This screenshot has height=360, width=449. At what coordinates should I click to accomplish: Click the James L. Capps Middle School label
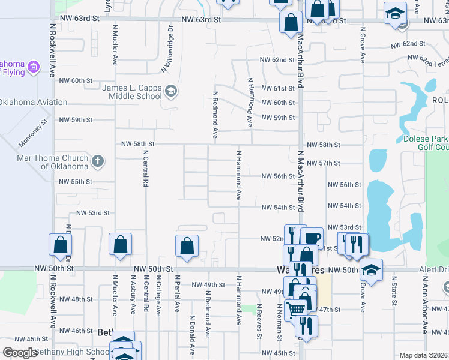(x=132, y=92)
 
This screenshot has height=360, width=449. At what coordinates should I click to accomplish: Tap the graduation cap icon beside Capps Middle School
(x=171, y=92)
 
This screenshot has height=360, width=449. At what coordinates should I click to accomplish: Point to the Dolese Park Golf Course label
(x=423, y=143)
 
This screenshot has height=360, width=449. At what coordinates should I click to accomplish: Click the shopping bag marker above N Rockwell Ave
(x=60, y=245)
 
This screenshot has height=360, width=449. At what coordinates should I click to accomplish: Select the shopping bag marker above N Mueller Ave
(x=120, y=244)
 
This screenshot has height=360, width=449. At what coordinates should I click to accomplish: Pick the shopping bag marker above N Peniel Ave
(x=187, y=246)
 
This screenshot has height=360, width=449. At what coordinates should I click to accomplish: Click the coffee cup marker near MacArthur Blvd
(x=312, y=238)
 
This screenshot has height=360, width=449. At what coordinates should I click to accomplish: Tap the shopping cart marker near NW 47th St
(x=294, y=310)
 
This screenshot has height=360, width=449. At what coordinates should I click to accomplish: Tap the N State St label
(x=394, y=294)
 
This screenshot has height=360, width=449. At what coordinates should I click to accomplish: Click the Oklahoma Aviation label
(x=34, y=102)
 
